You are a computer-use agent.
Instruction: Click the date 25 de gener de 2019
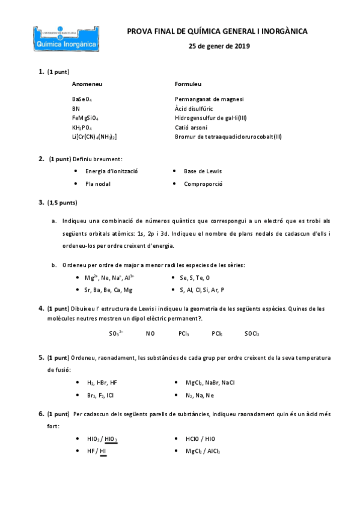coord(219,46)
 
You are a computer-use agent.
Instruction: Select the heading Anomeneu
coord(87,84)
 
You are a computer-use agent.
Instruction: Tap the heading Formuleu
coord(188,84)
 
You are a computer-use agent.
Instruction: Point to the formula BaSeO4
coord(82,99)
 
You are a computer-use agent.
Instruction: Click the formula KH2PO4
coord(82,128)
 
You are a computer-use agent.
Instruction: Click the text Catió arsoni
coord(191,128)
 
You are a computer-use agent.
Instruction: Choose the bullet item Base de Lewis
coord(203,171)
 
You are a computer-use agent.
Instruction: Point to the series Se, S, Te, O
coord(195,278)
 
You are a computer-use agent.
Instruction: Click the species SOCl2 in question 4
coord(252,333)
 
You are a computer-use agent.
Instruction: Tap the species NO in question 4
coord(150,333)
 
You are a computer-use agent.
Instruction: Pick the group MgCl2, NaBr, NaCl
coord(210,382)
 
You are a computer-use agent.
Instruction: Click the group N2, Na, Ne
coord(200,395)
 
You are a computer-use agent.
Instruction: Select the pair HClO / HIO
coord(201,439)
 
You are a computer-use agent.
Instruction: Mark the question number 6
coord(41,414)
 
